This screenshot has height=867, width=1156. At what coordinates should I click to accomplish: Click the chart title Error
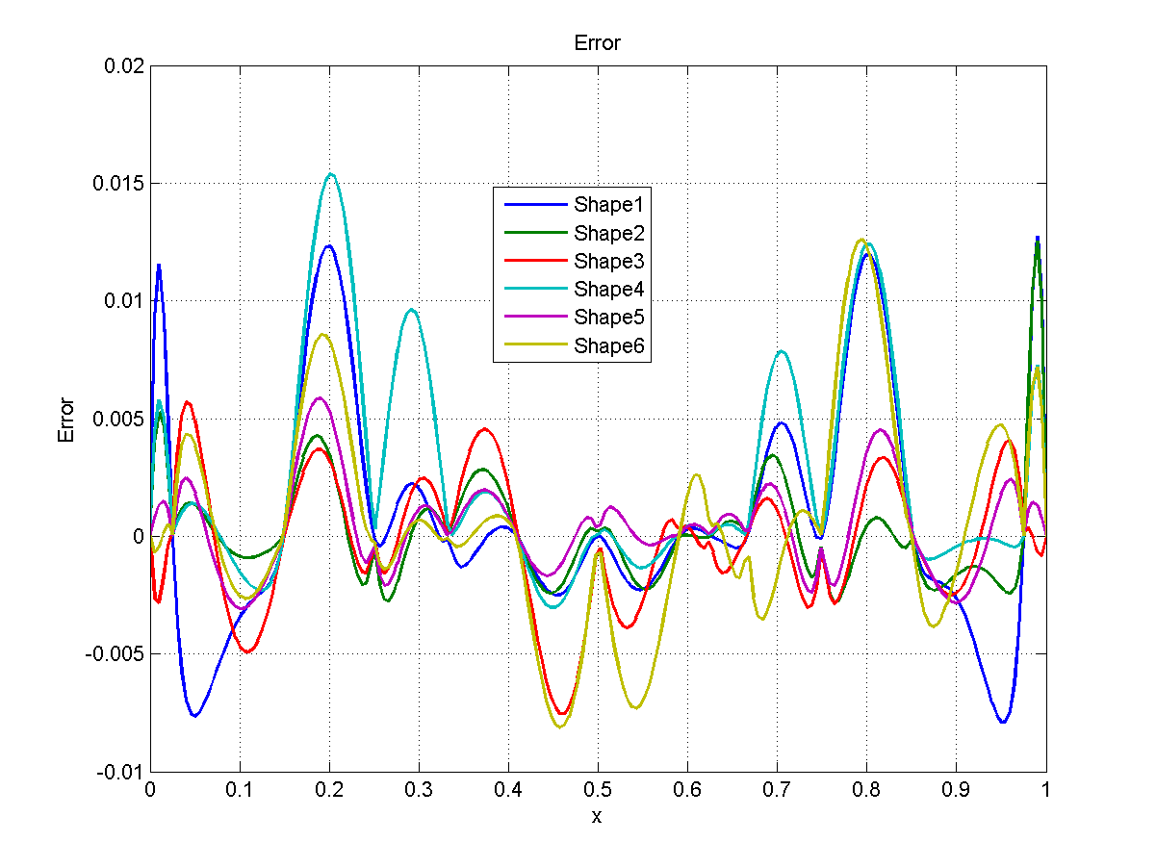coord(597,43)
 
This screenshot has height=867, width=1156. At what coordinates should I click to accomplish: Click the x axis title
coord(597,817)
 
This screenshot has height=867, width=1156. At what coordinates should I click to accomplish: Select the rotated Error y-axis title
coord(66,420)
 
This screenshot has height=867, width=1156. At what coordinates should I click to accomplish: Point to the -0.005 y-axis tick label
coord(116,654)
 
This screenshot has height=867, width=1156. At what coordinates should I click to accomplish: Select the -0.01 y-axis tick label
coord(121,772)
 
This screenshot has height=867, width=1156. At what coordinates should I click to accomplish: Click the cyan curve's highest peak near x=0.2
coord(331,174)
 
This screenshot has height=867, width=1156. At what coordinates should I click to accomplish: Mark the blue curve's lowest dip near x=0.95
coord(1003,722)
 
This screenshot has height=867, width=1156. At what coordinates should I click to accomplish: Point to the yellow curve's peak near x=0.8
coord(861,240)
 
